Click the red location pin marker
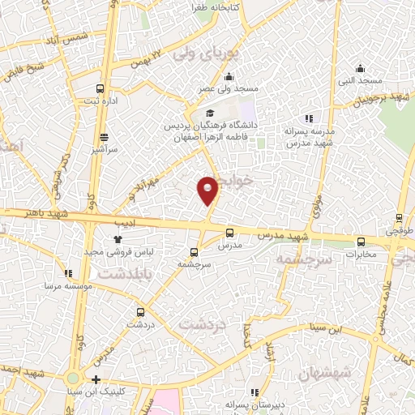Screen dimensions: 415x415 coord(208,189)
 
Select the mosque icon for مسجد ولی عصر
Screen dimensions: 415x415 coord(229,76)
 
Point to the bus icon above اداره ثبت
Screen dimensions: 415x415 coord(101,88)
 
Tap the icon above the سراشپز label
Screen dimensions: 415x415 coord(104,138)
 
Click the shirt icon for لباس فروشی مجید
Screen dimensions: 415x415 coord(118,240)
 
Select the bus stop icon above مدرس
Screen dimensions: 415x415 coord(229,231)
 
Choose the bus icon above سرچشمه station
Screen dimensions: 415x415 coord(193,251)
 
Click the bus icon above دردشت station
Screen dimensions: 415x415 coord(141,311)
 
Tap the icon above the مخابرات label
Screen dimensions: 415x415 coord(361,241)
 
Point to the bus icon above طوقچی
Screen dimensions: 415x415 coord(399,217)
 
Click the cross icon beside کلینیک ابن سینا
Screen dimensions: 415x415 coord(96,379)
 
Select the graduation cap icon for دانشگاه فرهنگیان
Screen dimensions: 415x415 coord(210,113)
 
